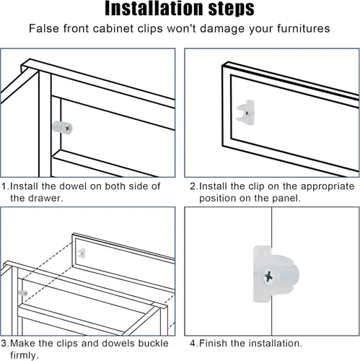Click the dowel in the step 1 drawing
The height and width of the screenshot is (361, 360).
coord(62,128)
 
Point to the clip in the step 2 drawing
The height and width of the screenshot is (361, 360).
coord(246,113)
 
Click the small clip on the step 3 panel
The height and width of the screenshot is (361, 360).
coord(82,253)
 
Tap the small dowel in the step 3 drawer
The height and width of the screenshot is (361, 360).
coord(23,293)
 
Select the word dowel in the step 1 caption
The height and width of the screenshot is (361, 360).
coord(73,186)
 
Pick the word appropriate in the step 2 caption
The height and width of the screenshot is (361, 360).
coord(328,187)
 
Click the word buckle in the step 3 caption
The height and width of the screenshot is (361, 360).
coord(153,343)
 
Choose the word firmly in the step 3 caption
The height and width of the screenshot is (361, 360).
coord(25,355)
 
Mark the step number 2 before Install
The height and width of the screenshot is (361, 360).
coord(193,186)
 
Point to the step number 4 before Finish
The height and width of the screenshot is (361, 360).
coord(193,344)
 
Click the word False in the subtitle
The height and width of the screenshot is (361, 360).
coord(44,28)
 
